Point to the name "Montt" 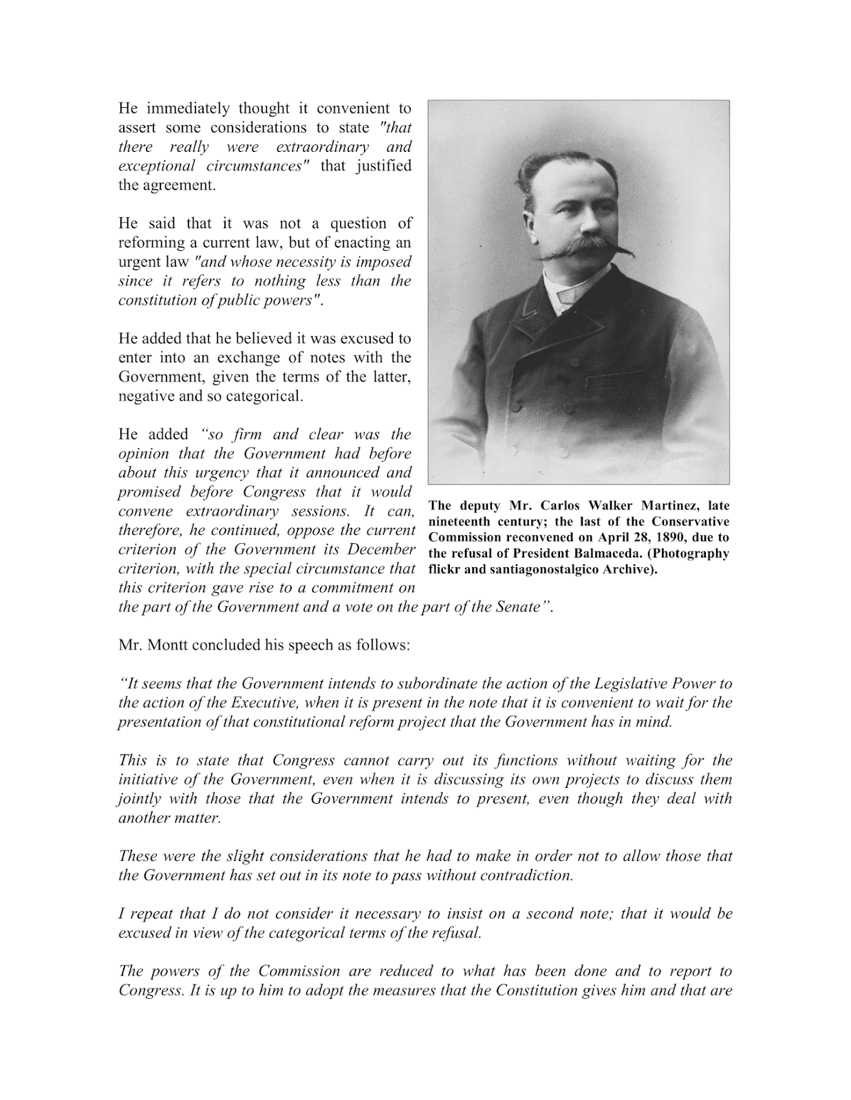click(x=166, y=646)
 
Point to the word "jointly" click(x=140, y=799)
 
